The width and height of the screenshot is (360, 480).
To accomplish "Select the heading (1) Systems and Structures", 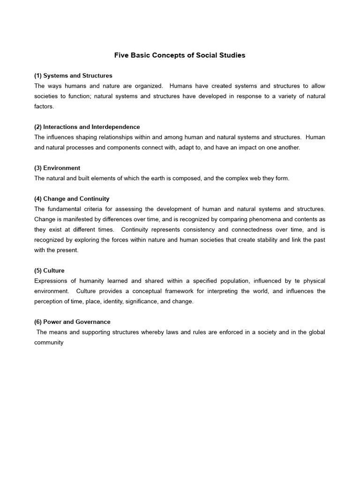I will tap(73, 75).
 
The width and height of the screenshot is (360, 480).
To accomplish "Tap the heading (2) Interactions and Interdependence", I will tap(87, 127).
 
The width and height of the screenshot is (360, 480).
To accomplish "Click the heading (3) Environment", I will tap(57, 168).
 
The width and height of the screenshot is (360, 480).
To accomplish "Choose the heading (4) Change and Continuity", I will tap(72, 199).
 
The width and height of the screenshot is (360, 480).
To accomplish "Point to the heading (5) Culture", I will tap(49, 270).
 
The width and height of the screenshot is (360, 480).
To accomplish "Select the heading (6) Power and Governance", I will tap(72, 322).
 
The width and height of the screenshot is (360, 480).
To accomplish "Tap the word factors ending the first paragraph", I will tap(44, 106).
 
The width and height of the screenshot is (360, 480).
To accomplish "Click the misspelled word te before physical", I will tap(298, 281).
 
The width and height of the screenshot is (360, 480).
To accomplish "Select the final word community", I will tap(49, 342).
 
